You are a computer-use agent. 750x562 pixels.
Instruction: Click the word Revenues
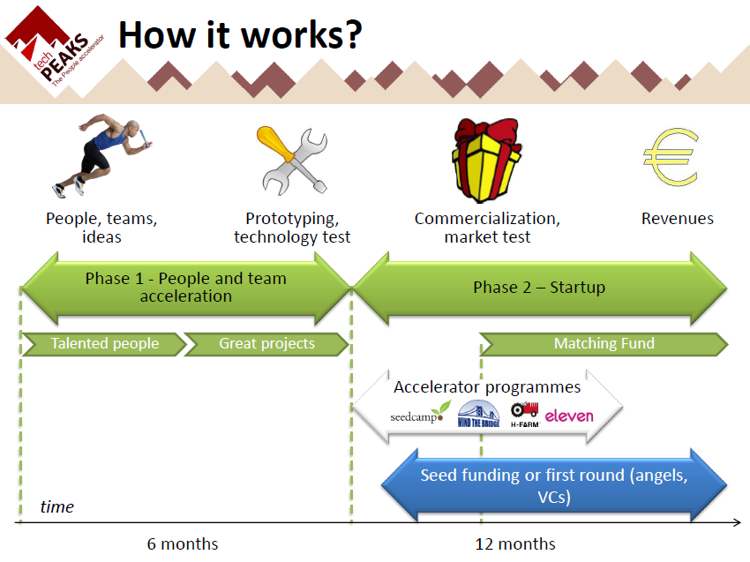click(677, 219)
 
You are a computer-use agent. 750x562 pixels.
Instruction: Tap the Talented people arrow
click(104, 343)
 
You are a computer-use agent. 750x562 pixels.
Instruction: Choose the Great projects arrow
click(266, 343)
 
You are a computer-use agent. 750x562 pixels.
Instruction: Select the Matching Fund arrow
click(604, 343)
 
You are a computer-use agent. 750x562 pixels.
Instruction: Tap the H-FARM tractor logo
click(524, 414)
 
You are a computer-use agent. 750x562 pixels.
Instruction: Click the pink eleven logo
click(569, 415)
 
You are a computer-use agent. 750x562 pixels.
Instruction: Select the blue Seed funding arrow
click(553, 486)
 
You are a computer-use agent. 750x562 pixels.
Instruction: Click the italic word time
click(57, 506)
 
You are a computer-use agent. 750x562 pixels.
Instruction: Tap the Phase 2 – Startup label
click(539, 288)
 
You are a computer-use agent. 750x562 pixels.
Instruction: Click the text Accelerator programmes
click(487, 387)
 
